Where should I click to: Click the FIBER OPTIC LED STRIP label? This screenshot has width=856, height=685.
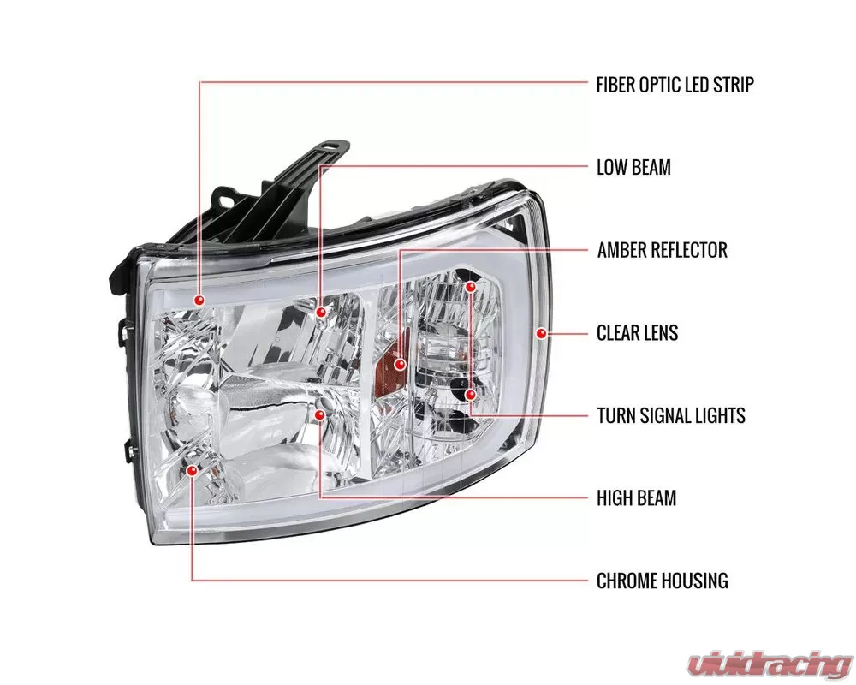coord(675,85)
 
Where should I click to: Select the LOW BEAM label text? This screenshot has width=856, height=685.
coord(633,167)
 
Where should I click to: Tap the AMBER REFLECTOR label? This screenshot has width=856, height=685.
coord(663,250)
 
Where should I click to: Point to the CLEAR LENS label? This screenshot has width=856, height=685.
coord(637,333)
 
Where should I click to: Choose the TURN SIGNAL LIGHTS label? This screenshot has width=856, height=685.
coord(671,415)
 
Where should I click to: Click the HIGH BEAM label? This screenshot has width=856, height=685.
coord(636,498)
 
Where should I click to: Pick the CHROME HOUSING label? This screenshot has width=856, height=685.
coord(663,581)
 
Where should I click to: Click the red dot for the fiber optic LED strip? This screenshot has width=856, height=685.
coord(199,300)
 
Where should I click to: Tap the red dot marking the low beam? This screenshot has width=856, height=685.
coord(321,312)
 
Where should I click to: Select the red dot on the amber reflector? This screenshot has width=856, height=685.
coord(400,364)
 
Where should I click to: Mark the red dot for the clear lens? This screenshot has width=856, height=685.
coord(541,333)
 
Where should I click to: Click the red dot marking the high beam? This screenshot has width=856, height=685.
coord(320,415)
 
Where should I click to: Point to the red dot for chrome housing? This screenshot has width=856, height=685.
coord(192,470)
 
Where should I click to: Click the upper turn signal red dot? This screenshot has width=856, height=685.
coord(471,286)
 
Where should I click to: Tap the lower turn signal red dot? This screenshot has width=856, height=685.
coord(471,394)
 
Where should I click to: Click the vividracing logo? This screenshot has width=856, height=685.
coord(770,664)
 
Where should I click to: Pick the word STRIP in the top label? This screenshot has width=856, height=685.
coord(734,85)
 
